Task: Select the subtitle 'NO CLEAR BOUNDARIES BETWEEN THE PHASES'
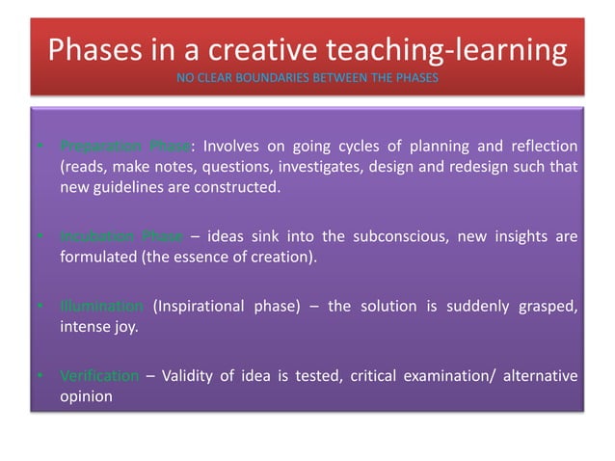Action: point(307,77)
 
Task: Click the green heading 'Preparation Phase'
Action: point(125,147)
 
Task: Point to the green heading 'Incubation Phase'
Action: point(120,237)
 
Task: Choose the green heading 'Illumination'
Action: point(101,308)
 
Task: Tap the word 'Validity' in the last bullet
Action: point(188,376)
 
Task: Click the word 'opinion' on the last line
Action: point(85,396)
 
